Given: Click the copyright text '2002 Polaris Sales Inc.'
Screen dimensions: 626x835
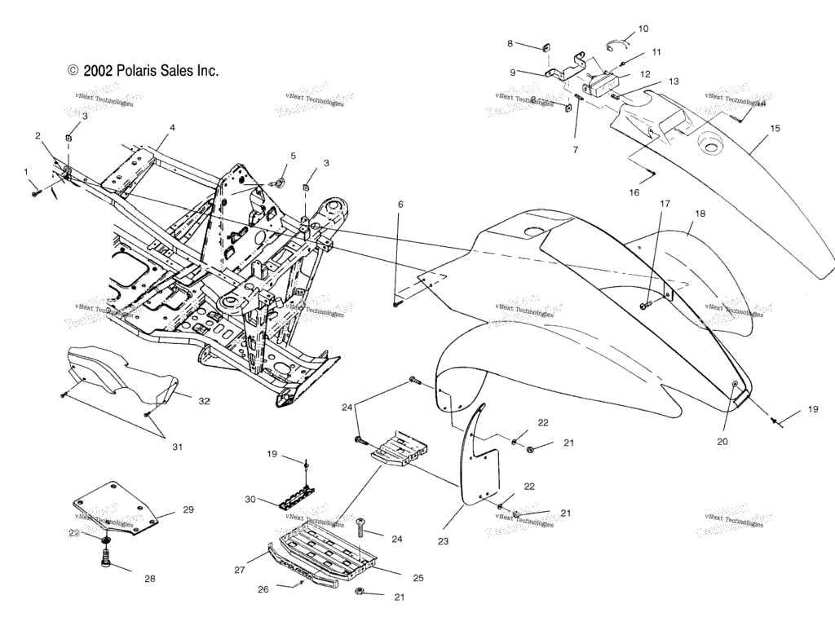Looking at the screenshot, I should point(144,71).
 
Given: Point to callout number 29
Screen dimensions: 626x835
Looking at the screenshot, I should point(188,510).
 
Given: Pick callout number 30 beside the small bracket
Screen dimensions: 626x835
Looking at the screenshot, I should point(250,498).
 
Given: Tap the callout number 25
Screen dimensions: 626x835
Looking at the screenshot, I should point(417,578).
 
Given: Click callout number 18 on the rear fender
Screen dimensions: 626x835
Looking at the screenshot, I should point(700,214).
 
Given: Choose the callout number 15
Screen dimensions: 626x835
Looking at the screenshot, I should point(775,129).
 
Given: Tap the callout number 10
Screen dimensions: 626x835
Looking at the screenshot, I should point(643,29).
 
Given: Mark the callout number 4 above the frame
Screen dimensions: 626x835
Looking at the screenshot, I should point(172,128).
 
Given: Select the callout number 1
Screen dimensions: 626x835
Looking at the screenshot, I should point(25,172).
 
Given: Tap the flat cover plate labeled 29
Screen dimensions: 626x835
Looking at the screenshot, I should point(118,509).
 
